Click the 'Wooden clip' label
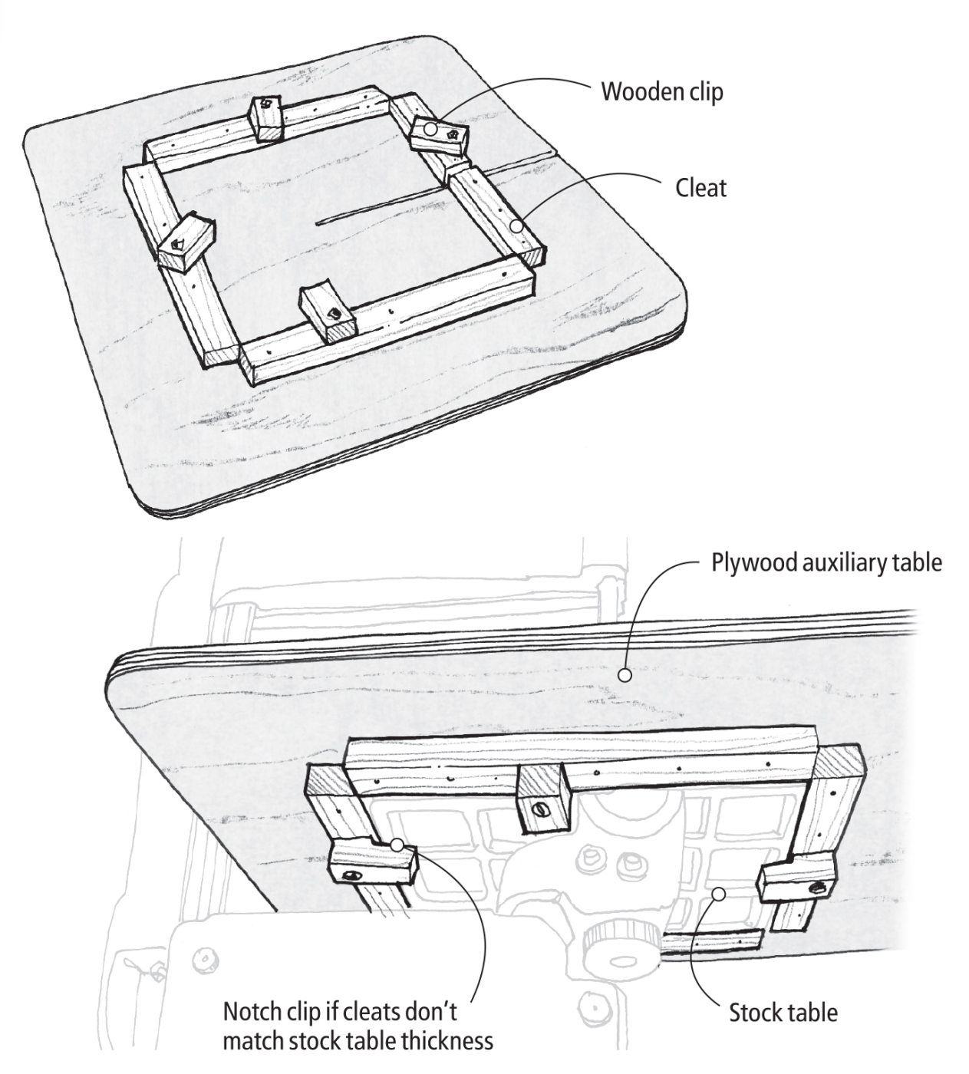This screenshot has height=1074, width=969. point(661,92)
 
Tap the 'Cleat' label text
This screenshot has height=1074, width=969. point(700,188)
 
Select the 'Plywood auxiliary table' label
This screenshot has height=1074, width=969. point(826,562)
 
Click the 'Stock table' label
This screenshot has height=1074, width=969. point(783,1013)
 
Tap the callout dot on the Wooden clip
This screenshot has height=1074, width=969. point(431,130)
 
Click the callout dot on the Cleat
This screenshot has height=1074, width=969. point(518,226)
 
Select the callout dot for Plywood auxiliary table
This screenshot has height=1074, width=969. point(625,676)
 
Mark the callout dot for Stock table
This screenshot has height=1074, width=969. point(719,893)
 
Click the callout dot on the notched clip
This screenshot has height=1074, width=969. point(397,845)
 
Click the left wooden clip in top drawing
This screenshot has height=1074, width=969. point(184,242)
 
